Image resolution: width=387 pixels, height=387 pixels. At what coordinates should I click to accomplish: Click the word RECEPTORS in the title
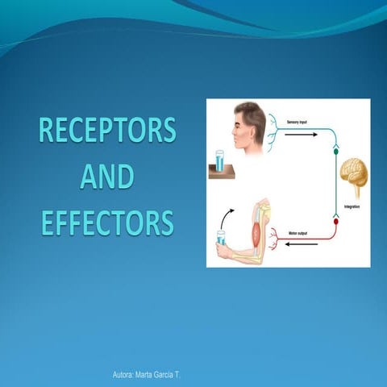[107, 131]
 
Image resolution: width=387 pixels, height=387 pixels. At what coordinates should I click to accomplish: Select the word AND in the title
[107, 177]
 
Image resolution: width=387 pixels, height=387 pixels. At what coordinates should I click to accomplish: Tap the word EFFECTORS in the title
[107, 222]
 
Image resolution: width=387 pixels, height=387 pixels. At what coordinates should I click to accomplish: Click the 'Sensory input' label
[299, 122]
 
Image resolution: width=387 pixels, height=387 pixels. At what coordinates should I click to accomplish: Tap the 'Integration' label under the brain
[352, 207]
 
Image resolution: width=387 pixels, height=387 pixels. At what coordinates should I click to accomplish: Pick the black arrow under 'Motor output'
[299, 245]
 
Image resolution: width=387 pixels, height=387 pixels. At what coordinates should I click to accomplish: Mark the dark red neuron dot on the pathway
[335, 220]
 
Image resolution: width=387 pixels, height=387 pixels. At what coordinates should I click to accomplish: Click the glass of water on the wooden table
[218, 160]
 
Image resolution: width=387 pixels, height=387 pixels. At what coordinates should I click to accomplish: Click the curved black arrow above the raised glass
[228, 216]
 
